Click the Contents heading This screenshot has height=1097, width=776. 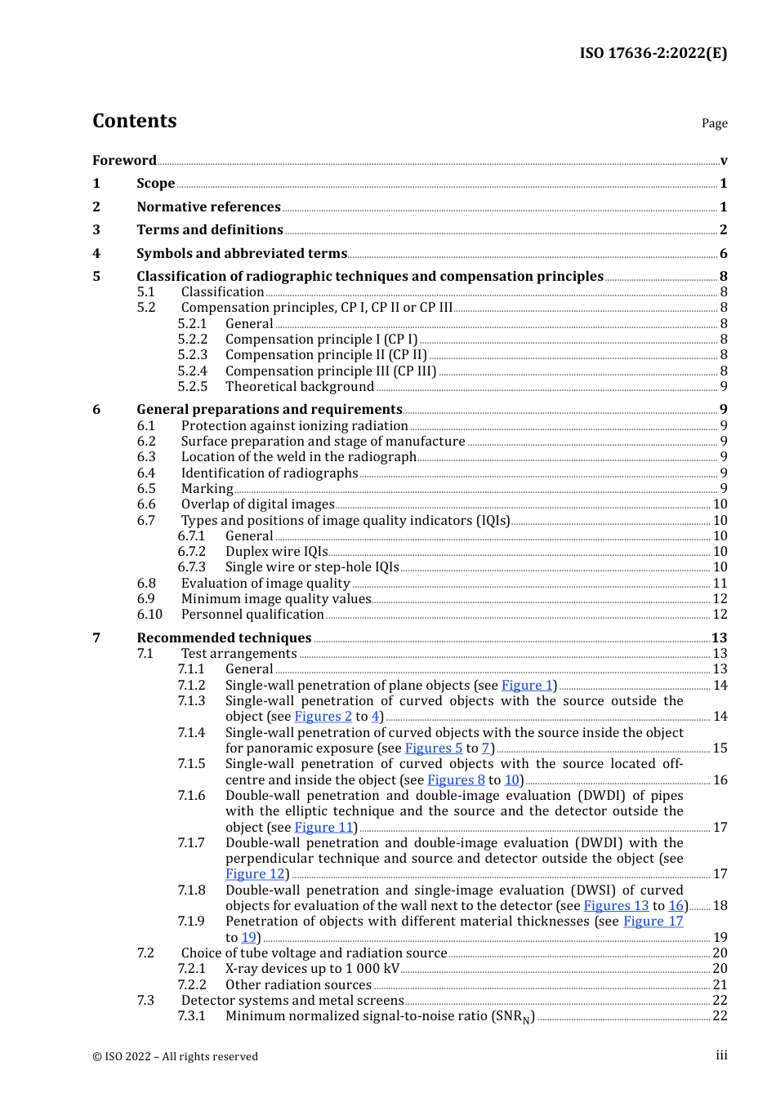pyautogui.click(x=134, y=121)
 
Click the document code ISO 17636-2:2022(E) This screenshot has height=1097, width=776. pyautogui.click(x=653, y=53)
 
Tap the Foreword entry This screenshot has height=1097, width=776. pyautogui.click(x=124, y=160)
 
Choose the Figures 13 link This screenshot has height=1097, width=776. pyautogui.click(x=616, y=906)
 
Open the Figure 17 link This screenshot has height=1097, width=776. pyautogui.click(x=653, y=922)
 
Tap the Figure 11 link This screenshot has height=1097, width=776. pyautogui.click(x=323, y=828)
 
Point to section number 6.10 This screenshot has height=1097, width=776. pyautogui.click(x=149, y=615)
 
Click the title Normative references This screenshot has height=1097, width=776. pyautogui.click(x=208, y=207)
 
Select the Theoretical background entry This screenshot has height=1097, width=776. pyautogui.click(x=299, y=387)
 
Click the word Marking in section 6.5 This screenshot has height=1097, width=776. pyautogui.click(x=207, y=489)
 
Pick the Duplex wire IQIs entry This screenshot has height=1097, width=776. pyautogui.click(x=276, y=552)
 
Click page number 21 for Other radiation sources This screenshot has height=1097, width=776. pyautogui.click(x=720, y=985)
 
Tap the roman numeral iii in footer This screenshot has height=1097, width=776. pyautogui.click(x=721, y=1055)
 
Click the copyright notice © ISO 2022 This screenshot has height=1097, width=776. pyautogui.click(x=175, y=1056)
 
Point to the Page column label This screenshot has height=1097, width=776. pyautogui.click(x=714, y=123)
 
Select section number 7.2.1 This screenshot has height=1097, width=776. pyautogui.click(x=192, y=969)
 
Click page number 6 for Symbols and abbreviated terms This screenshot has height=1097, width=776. pyautogui.click(x=723, y=254)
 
